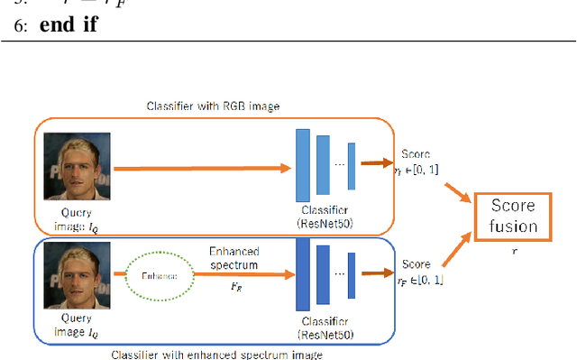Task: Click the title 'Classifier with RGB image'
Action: click(x=213, y=106)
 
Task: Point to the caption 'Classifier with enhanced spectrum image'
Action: click(x=215, y=354)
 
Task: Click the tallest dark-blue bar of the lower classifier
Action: click(x=302, y=272)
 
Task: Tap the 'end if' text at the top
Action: click(x=69, y=26)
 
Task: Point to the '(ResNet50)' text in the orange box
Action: click(x=323, y=223)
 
